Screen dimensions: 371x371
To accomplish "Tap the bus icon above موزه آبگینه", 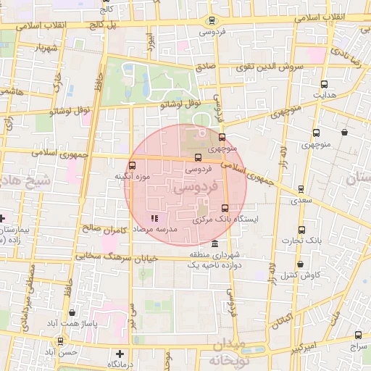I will (x=132, y=166).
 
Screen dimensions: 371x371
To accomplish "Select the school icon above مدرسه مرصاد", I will (x=153, y=218).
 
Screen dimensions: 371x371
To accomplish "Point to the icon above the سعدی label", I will (x=301, y=188).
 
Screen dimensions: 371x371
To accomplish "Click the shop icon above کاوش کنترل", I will (x=300, y=265).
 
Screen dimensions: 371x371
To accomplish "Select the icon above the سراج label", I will (x=358, y=335).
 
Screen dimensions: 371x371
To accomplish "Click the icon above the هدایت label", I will (x=323, y=84).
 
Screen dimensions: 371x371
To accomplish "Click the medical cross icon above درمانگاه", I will (x=120, y=354).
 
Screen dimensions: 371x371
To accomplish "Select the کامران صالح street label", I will (x=104, y=229).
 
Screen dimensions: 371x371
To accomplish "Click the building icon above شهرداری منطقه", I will (x=214, y=244).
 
